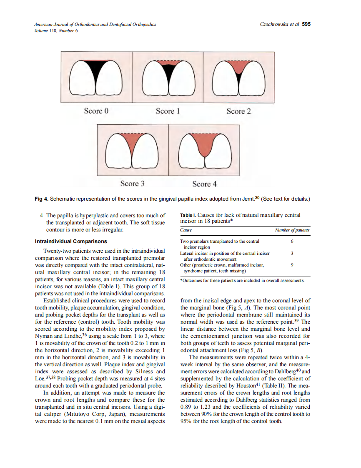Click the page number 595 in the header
306,24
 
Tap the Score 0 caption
96,111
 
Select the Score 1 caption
168,111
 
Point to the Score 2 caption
239,111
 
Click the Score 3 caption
132,184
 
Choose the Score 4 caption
204,184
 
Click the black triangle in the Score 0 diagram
96,70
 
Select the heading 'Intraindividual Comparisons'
71,241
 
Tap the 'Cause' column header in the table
186,230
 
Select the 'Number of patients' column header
292,230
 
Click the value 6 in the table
292,242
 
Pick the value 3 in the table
292,253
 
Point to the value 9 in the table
292,265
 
